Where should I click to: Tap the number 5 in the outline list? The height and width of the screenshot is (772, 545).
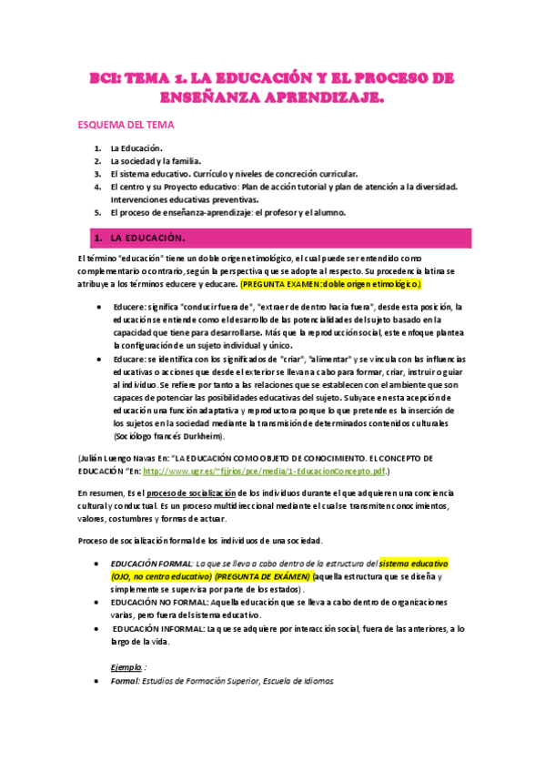point(97,212)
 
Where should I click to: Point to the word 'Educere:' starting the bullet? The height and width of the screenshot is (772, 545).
point(131,306)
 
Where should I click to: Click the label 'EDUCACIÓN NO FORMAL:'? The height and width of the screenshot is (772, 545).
point(156,603)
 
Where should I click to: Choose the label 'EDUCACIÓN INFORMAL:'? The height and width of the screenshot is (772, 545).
point(156,628)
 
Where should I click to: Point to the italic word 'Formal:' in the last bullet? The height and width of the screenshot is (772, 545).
point(125,680)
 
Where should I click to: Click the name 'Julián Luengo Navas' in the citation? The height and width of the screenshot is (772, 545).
point(122,458)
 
